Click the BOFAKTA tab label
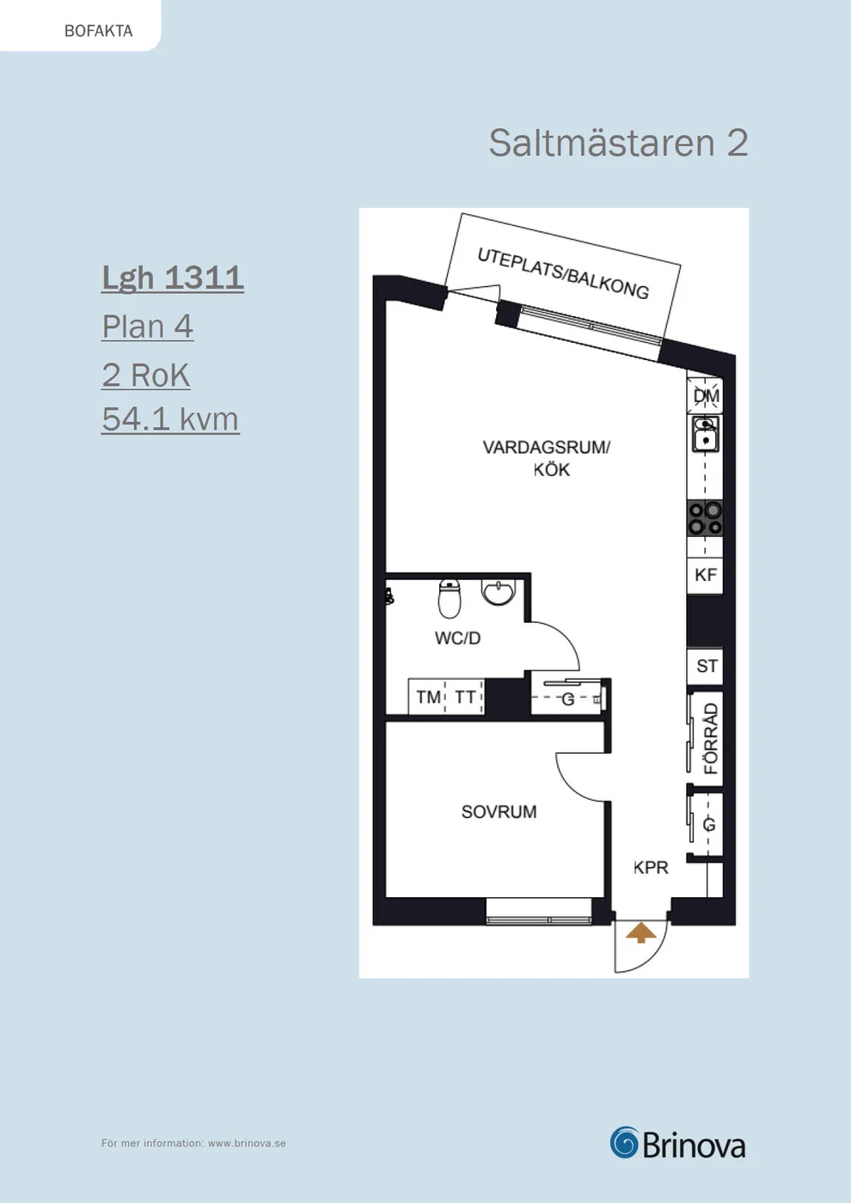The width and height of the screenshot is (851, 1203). click(98, 31)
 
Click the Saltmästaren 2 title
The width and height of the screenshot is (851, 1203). click(618, 144)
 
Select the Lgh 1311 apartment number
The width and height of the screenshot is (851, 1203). click(173, 278)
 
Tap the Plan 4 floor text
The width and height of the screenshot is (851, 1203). click(147, 326)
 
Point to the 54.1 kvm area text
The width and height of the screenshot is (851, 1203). click(170, 419)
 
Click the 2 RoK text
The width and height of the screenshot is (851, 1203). click(145, 375)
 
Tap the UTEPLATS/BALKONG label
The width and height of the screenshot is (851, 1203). click(563, 273)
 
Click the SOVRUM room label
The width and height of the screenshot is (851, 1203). click(499, 811)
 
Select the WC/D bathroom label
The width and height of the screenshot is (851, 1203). click(457, 638)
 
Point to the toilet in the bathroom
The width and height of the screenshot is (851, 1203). click(450, 598)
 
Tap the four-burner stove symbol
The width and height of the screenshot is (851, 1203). click(705, 517)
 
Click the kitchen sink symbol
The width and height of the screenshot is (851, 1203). click(705, 433)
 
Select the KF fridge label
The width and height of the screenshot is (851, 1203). click(706, 575)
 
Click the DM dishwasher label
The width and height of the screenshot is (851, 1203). click(706, 396)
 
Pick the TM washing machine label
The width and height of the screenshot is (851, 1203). click(428, 697)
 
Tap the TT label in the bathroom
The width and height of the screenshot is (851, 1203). click(465, 697)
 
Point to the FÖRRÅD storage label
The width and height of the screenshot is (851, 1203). click(710, 738)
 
